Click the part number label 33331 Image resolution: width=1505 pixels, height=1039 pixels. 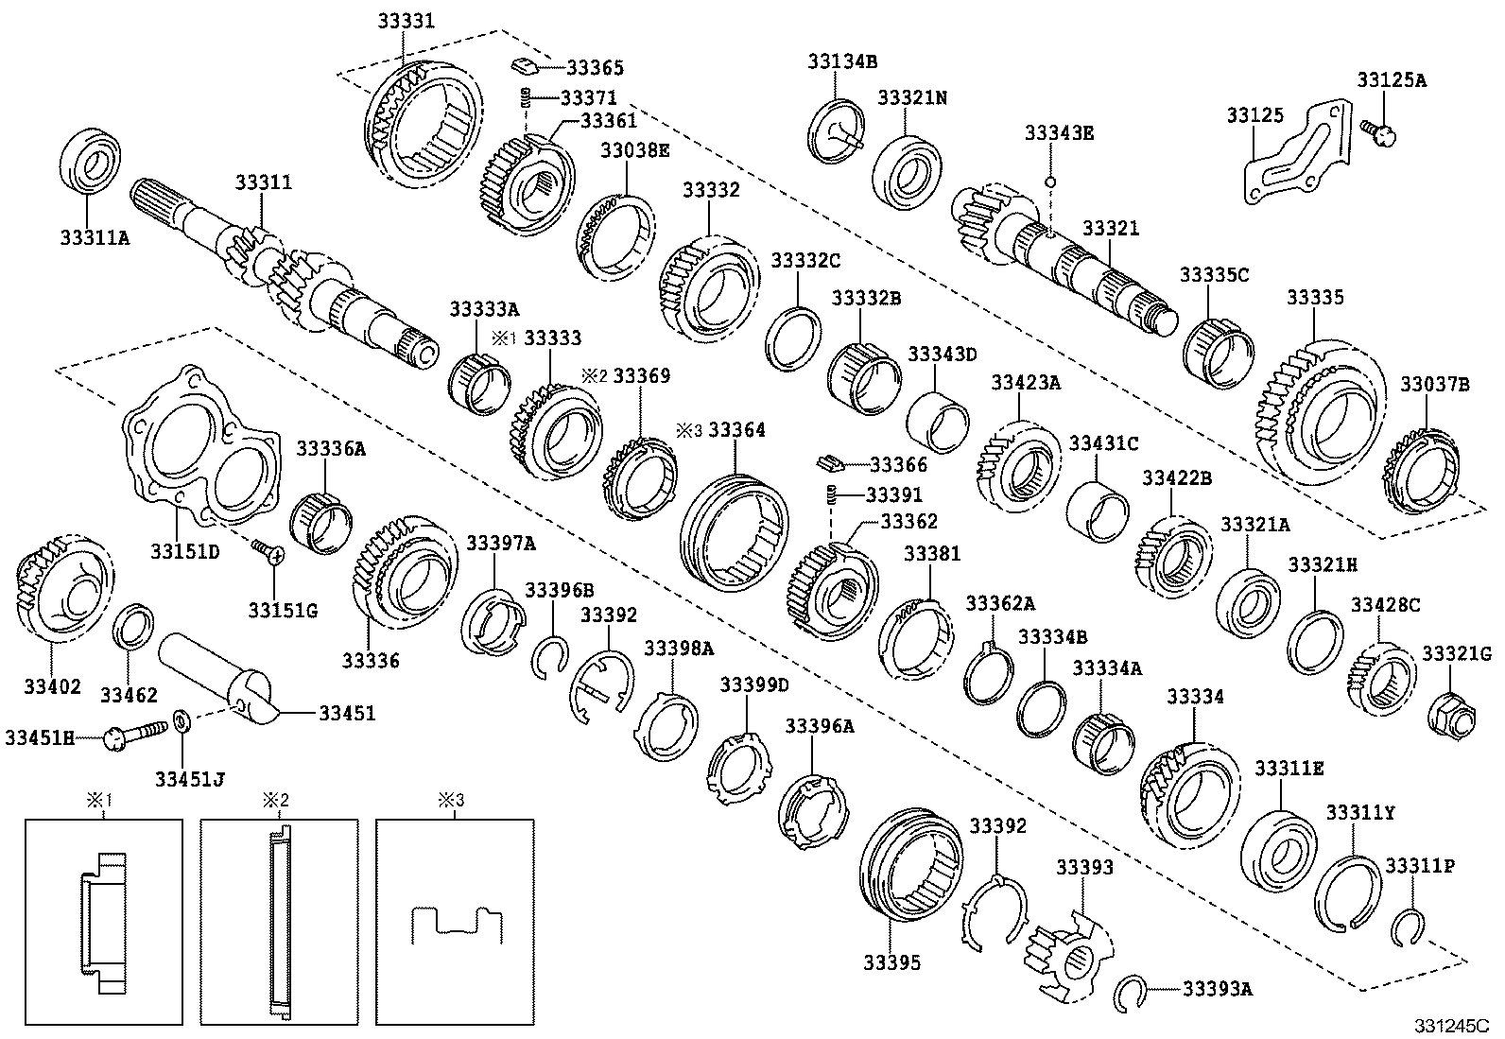(x=407, y=20)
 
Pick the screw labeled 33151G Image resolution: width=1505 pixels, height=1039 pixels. (x=267, y=550)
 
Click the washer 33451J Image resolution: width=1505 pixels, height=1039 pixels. (x=184, y=725)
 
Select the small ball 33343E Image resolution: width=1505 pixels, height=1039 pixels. (x=1050, y=180)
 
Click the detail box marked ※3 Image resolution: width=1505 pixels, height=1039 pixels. (x=457, y=922)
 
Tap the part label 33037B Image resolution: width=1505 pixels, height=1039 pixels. (x=1434, y=384)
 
